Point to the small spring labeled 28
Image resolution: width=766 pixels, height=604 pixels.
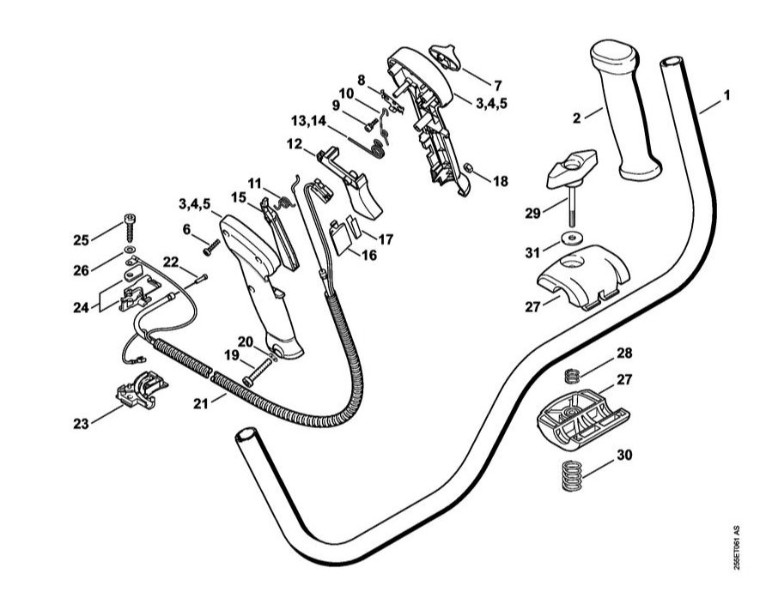[x=574, y=375]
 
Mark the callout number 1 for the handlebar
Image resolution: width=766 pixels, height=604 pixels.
[x=726, y=95]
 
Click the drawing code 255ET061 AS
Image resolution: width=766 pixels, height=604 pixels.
[x=735, y=549]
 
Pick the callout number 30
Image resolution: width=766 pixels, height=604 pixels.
[x=624, y=456]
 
